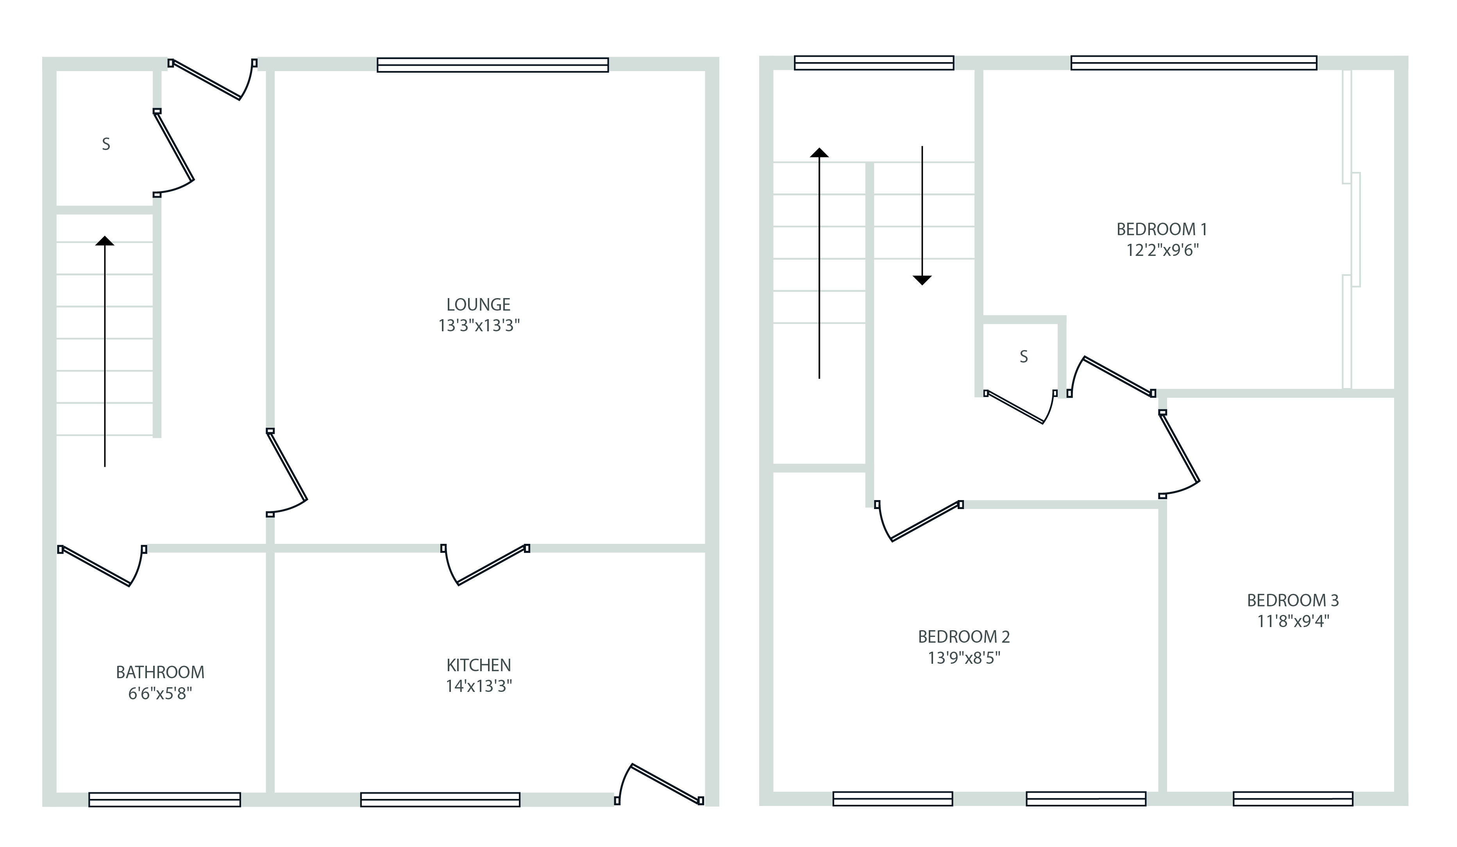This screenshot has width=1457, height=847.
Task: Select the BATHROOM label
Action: (160, 672)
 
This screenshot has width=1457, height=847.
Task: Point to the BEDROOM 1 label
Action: (1162, 230)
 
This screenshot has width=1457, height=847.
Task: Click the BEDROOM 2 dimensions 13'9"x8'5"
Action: (964, 658)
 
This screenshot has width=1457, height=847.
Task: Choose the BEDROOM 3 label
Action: (1293, 600)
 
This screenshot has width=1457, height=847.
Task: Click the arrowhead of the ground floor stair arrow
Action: (105, 241)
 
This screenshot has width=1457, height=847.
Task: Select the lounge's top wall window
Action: (493, 65)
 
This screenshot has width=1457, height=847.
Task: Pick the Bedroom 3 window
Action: (1293, 799)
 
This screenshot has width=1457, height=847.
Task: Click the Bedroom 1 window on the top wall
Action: (1193, 63)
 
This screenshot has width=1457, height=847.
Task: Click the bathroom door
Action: (98, 566)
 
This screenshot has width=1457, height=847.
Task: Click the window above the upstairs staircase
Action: (874, 63)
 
